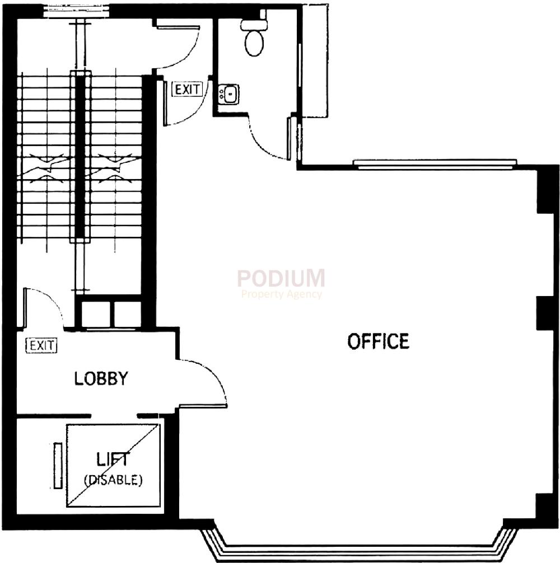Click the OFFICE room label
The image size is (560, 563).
point(378,341)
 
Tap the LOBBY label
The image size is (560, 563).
point(101,379)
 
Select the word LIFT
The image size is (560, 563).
point(113,460)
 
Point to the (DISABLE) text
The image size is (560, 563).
point(113,480)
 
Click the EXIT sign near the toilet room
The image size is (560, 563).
point(187,90)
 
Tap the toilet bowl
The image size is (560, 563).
point(254,41)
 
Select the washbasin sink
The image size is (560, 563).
point(228,93)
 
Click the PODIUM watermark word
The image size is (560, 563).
point(281,278)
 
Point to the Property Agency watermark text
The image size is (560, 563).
point(282,294)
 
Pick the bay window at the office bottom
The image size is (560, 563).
point(358,546)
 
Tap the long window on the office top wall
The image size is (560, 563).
point(435,163)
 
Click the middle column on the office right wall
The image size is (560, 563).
point(544,312)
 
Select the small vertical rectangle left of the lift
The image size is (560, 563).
point(58,465)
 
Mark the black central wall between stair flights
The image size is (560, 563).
point(80,157)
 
